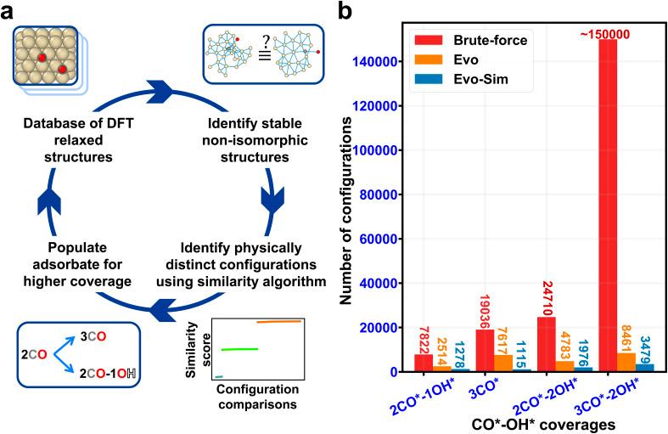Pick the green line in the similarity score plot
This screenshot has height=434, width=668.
(239, 349)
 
